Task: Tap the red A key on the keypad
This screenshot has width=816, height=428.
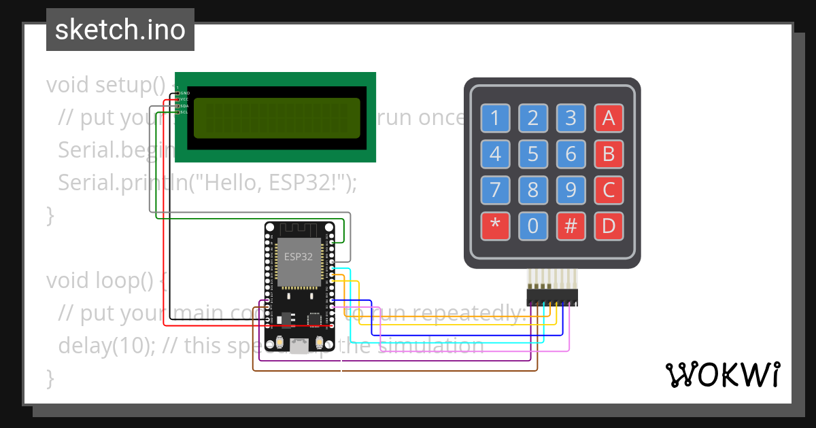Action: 609,119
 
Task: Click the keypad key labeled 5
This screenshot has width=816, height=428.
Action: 532,154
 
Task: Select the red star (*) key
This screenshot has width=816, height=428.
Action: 494,226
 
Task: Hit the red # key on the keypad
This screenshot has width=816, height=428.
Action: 571,226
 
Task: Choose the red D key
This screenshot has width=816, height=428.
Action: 609,226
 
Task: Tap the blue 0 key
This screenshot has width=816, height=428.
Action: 532,226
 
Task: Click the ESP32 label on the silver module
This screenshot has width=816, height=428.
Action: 299,257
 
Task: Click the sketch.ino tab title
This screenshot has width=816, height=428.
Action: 120,30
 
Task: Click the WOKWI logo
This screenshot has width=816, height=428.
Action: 722,374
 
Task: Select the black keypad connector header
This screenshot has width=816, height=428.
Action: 551,297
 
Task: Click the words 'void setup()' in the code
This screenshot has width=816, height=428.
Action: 106,86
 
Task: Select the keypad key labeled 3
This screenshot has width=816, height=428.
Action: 571,119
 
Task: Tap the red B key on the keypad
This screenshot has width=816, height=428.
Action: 609,154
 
